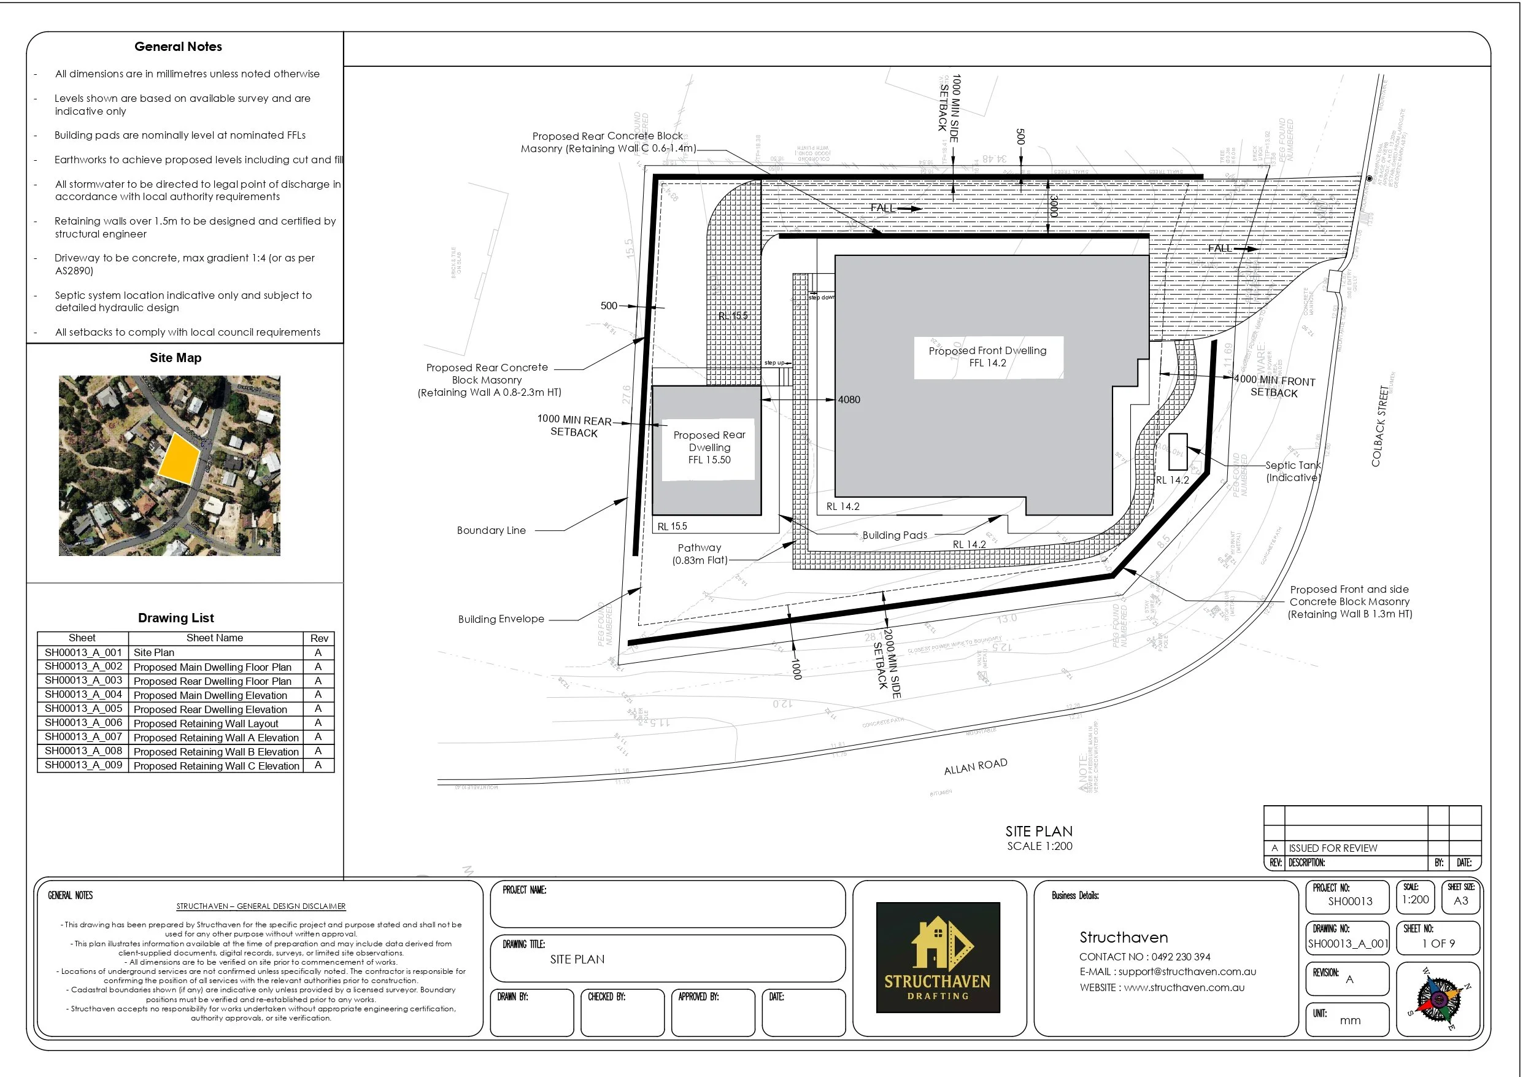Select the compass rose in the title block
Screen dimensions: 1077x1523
click(x=1438, y=999)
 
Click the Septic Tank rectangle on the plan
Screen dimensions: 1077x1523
click(x=1178, y=451)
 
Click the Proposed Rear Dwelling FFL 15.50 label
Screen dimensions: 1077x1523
click(x=709, y=447)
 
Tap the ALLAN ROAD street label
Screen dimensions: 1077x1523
click(x=975, y=766)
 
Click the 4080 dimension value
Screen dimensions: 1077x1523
click(x=849, y=400)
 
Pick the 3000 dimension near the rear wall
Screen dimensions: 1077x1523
click(x=1054, y=206)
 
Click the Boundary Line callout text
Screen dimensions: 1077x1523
click(x=491, y=530)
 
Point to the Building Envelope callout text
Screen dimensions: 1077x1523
click(x=501, y=619)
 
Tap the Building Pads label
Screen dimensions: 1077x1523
click(x=894, y=535)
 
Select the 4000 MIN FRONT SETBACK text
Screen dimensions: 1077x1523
click(x=1274, y=386)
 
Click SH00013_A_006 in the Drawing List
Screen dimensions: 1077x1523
click(x=83, y=723)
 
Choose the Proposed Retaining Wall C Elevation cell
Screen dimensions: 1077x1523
click(x=216, y=766)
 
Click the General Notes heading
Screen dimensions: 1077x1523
click(x=178, y=47)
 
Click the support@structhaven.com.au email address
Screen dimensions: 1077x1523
click(x=1187, y=971)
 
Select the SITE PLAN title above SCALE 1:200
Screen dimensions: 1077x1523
click(x=1038, y=832)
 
